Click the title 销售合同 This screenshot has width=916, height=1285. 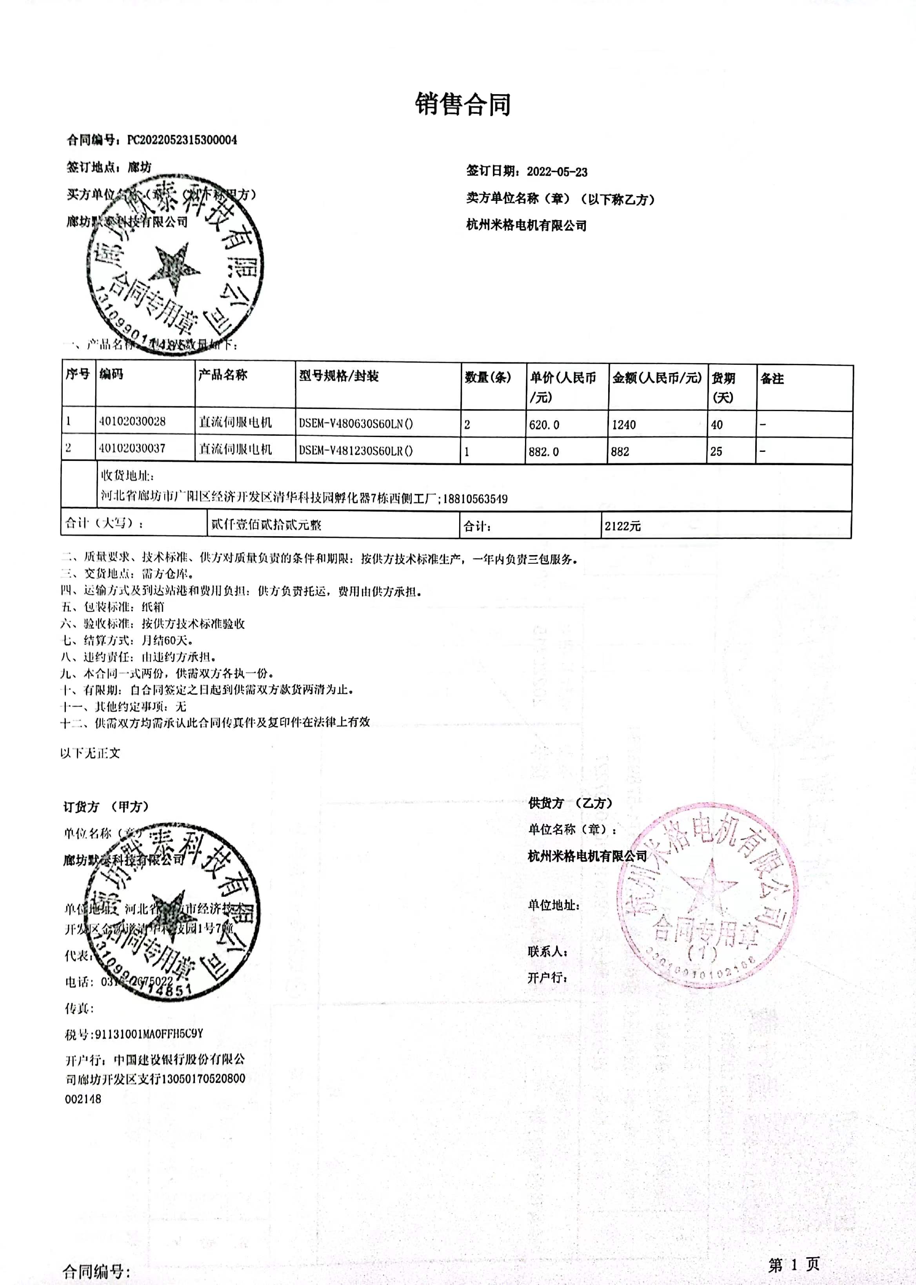[x=463, y=104]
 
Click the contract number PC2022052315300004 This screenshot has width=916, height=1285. [x=182, y=140]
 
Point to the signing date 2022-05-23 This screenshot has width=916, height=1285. [x=557, y=171]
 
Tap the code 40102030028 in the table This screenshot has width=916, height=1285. [x=132, y=421]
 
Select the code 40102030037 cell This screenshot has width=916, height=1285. [x=132, y=448]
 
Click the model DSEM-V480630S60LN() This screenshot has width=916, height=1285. [x=356, y=424]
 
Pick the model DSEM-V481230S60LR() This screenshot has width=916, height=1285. [x=356, y=451]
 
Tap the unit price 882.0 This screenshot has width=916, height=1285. [x=544, y=451]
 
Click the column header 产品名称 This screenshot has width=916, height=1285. [x=222, y=375]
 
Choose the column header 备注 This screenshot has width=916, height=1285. [x=772, y=379]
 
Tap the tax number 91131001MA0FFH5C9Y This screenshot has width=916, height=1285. [x=149, y=1034]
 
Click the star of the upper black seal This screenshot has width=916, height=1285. [x=173, y=267]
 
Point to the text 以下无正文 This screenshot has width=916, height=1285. [x=90, y=753]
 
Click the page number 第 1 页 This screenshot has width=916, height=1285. [x=793, y=1265]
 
